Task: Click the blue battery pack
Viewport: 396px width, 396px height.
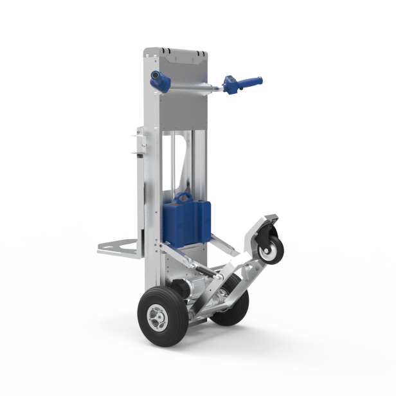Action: pos(186,222)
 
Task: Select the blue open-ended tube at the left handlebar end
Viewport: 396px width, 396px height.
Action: pos(157,80)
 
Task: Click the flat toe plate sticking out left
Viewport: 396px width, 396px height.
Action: pos(118,247)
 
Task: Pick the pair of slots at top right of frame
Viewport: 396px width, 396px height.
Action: pos(199,51)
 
